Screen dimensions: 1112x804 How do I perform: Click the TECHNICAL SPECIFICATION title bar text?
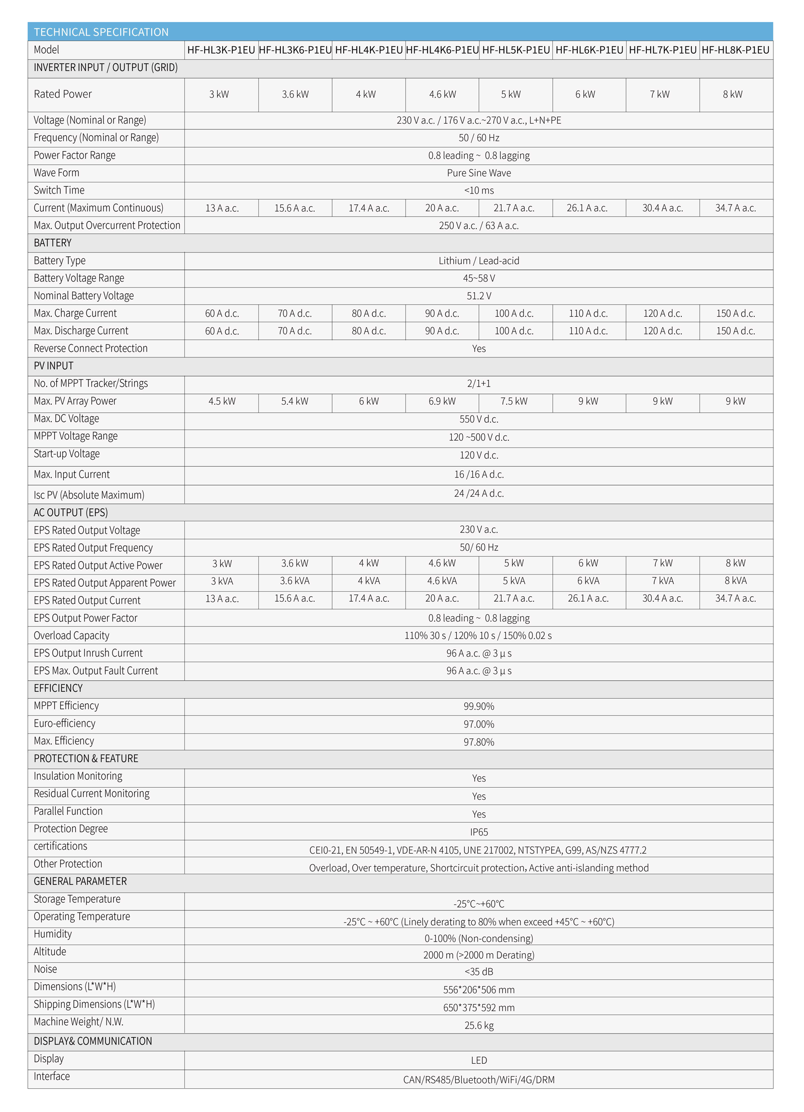[101, 32]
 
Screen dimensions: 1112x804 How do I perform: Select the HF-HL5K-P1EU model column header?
[516, 50]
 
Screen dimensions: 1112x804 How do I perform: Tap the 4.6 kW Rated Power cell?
[442, 95]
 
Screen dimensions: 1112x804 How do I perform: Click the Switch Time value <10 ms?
[478, 191]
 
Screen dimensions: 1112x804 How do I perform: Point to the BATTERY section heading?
[53, 243]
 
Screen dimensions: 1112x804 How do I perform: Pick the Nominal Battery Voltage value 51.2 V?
[478, 296]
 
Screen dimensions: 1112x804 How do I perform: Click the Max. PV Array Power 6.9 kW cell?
[442, 401]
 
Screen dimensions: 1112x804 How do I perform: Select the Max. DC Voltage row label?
[66, 418]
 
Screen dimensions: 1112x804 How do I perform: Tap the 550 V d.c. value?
[478, 419]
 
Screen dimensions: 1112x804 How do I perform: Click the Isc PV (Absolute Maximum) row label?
[89, 495]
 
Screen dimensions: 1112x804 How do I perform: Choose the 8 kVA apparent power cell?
[735, 581]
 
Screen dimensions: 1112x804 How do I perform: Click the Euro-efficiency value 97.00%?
[478, 724]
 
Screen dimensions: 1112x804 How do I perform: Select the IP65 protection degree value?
[479, 832]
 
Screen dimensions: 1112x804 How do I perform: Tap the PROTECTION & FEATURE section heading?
[86, 759]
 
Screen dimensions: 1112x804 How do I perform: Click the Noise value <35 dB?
[478, 972]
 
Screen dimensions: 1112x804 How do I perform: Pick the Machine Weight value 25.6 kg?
[479, 1026]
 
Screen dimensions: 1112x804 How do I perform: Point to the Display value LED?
[479, 1060]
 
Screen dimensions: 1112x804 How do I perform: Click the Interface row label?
[52, 1076]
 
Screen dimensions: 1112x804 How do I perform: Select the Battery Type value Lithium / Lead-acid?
[478, 261]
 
